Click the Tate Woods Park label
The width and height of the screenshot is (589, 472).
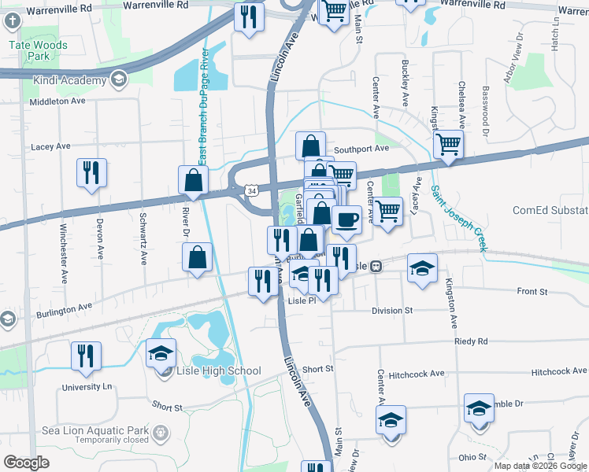pos(38,50)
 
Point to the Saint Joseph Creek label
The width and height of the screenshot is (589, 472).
pos(459,219)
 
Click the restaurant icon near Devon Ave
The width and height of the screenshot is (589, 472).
pos(91,172)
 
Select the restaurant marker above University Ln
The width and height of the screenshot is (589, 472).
pos(85,355)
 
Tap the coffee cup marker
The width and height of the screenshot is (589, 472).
pos(346,219)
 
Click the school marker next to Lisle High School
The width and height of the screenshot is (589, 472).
pos(161,352)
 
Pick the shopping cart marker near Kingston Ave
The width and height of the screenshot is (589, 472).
pos(448,144)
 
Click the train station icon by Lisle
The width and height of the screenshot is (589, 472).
pos(377,266)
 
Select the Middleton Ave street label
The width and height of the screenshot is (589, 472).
pos(57,102)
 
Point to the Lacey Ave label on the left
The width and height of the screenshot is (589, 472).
pos(51,146)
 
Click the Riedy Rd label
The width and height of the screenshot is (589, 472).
pos(471,341)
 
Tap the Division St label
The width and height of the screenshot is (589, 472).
pos(392,311)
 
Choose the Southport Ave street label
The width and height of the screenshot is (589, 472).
pos(361,148)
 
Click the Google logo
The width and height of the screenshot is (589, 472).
pos(27,462)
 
